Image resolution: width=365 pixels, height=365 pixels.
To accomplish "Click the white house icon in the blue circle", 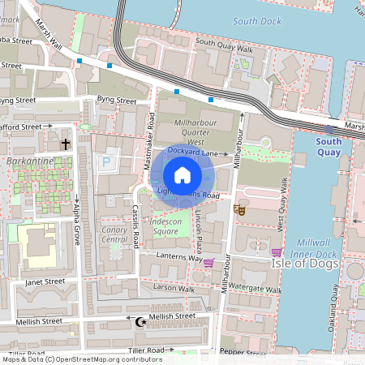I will point(182,175).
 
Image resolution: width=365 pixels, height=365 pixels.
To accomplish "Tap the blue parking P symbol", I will point(105,163).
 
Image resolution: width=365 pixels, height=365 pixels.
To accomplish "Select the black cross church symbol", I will point(66,144).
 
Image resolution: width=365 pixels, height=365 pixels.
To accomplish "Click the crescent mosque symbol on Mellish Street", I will point(141,322).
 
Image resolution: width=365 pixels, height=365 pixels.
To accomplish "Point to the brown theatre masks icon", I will point(238,209).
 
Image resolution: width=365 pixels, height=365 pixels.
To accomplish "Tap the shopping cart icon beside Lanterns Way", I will point(209,262).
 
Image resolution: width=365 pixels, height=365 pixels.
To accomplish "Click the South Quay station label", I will point(328,146).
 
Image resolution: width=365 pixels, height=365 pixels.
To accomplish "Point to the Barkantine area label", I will point(29,161).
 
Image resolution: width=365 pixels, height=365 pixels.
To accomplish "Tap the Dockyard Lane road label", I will point(192,152).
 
